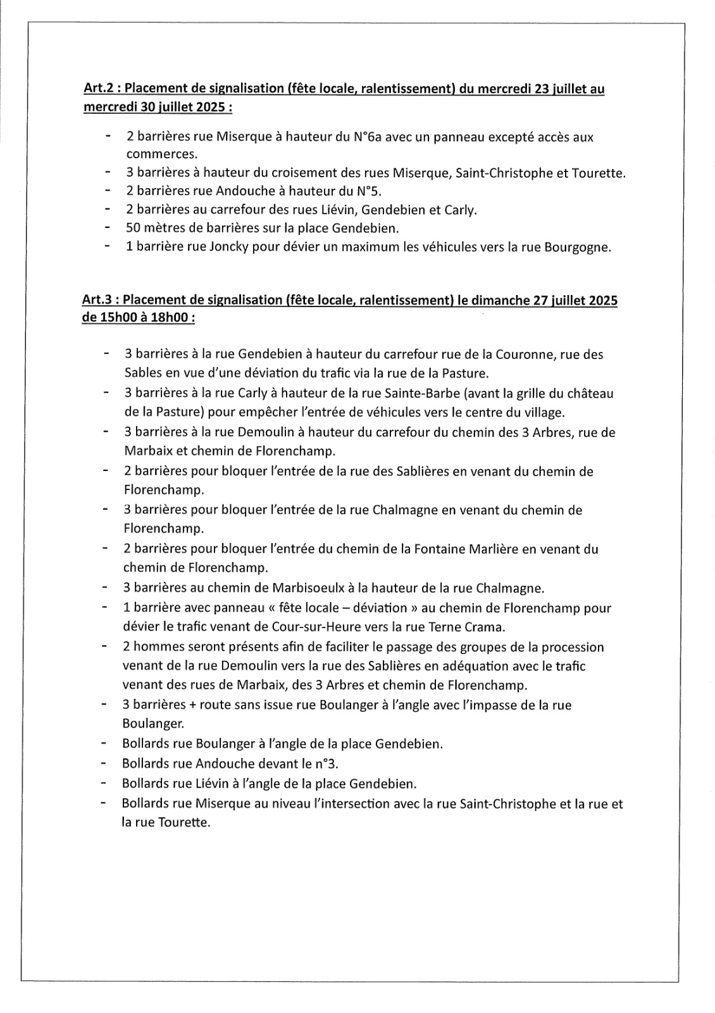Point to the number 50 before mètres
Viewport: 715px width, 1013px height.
(x=134, y=228)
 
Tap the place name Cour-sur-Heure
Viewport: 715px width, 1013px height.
(x=289, y=627)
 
